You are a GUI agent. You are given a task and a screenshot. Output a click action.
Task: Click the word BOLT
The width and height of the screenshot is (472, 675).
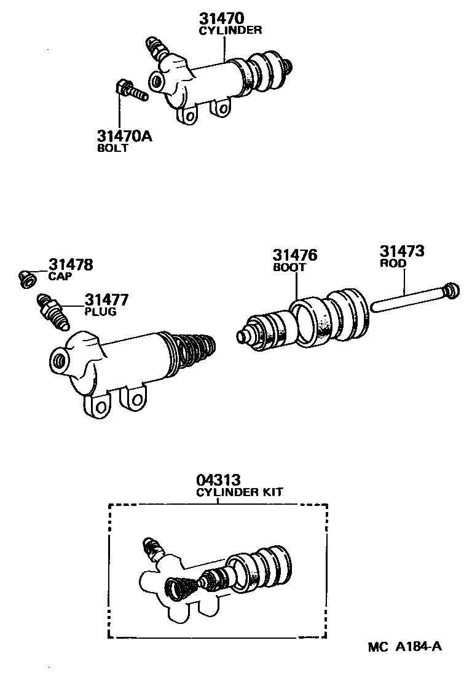(x=112, y=148)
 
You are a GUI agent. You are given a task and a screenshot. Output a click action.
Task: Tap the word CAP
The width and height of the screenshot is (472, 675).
(x=60, y=277)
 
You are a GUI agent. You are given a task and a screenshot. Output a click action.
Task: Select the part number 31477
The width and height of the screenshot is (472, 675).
(x=106, y=299)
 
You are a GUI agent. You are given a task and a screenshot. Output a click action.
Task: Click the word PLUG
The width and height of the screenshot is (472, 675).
(x=100, y=312)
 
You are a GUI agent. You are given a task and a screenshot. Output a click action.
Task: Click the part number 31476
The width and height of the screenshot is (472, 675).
(x=295, y=255)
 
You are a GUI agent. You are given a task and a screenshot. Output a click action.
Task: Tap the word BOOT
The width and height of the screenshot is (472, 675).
(x=289, y=268)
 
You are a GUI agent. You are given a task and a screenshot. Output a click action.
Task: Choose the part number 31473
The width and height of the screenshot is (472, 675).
(x=401, y=251)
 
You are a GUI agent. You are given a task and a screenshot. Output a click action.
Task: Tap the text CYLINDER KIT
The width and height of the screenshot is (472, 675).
(x=240, y=492)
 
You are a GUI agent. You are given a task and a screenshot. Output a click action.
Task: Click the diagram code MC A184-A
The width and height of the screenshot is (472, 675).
(x=405, y=647)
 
